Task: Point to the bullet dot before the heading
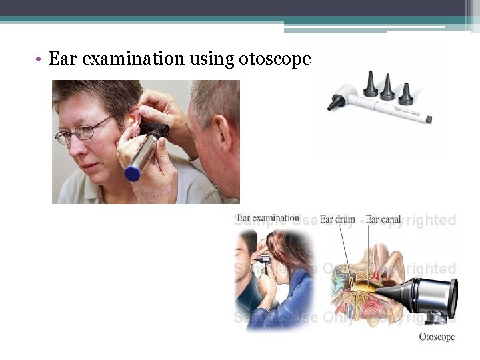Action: tap(41, 59)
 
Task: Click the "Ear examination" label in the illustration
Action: tap(268, 218)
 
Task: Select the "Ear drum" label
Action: tap(337, 219)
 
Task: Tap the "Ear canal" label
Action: tap(383, 219)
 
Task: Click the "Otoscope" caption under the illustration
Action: tap(437, 337)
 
